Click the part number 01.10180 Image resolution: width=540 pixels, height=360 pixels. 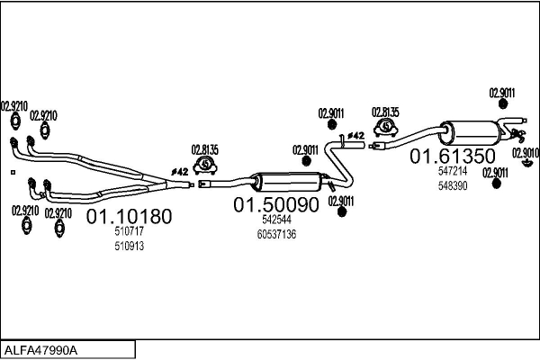(129, 216)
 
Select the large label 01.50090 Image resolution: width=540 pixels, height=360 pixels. (276, 204)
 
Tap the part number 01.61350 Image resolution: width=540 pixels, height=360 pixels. (453, 156)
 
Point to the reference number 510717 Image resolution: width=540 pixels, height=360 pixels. (129, 231)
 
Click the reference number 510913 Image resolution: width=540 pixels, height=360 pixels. (129, 246)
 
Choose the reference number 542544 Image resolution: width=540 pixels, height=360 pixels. (276, 220)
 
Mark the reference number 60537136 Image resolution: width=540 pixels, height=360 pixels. (276, 234)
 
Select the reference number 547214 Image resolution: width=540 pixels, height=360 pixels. (453, 170)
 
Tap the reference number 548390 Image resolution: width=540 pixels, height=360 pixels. (453, 185)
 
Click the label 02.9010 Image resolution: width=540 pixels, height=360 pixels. (526, 153)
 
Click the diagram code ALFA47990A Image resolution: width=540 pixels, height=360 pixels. (40, 350)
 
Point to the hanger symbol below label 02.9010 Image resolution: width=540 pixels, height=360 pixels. (526, 163)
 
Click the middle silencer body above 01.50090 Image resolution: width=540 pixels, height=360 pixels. (288, 182)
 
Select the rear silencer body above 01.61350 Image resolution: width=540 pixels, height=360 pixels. (471, 133)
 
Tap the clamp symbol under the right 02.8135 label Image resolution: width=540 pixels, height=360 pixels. (386, 128)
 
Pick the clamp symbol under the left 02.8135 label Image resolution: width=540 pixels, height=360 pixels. (205, 165)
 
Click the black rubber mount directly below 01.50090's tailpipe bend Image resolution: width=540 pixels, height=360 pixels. (342, 212)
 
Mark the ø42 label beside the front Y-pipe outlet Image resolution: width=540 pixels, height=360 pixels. (179, 172)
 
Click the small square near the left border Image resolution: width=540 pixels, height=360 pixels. (13, 172)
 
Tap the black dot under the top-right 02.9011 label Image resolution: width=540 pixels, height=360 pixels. (503, 103)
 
